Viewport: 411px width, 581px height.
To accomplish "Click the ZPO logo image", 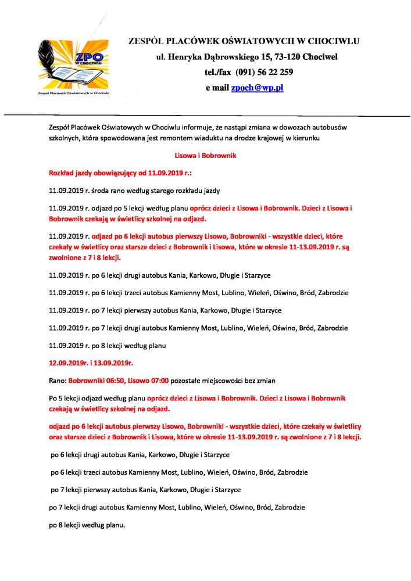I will [74, 66].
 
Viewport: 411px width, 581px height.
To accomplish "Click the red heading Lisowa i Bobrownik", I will [205, 156].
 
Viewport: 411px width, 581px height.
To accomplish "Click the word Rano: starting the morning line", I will [58, 381].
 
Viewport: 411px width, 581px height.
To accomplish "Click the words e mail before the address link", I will [218, 88].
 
